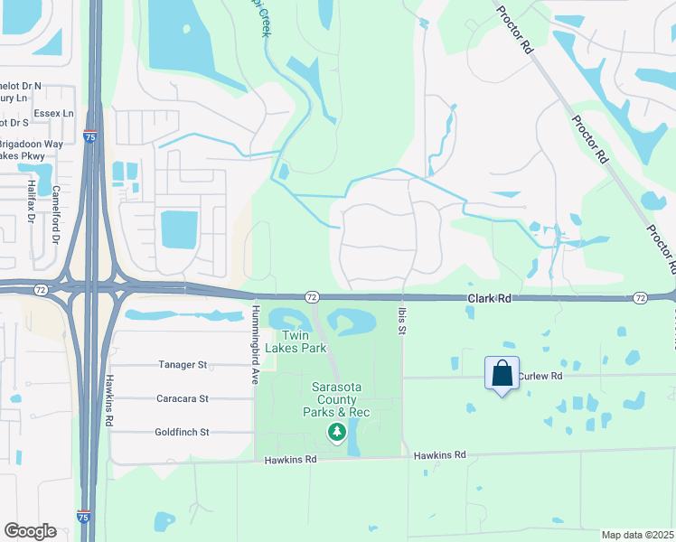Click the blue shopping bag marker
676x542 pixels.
502,373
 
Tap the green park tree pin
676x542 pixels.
337,433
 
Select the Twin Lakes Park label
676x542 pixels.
302,341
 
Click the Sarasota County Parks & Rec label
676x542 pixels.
336,399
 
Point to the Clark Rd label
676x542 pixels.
489,298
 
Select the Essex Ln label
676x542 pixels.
54,113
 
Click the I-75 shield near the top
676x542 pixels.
89,137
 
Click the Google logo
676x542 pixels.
30,531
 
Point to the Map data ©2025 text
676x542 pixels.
636,535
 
